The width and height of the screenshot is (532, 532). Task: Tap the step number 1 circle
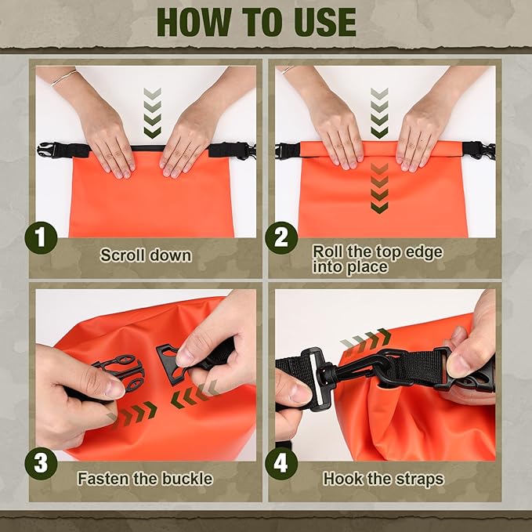pos(42,238)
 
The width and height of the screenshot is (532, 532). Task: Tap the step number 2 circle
pos(281,238)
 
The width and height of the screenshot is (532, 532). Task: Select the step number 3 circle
pos(42,463)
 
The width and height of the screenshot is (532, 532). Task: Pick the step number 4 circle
pos(281,463)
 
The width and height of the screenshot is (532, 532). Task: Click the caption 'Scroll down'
pos(146,255)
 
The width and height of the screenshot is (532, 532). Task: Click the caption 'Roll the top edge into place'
pos(378,259)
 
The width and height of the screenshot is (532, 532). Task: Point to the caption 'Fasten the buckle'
pos(145,478)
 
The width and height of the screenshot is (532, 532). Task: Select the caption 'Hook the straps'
pos(384,478)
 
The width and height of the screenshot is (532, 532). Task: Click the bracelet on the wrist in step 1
pos(65,77)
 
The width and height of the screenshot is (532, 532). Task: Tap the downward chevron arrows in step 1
pos(153,113)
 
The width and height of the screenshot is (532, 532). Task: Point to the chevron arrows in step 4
pos(366,338)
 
